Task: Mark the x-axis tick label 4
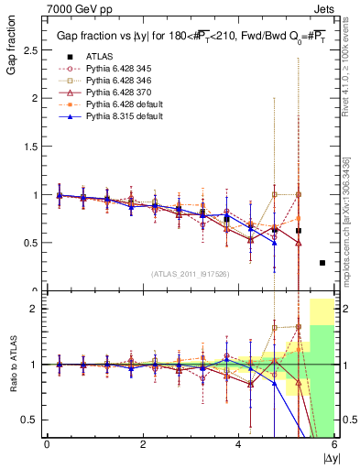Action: point(238,445)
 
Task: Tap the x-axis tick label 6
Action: point(334,445)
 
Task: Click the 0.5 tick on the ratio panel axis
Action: point(31,420)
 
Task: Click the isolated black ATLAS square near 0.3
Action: point(322,263)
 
